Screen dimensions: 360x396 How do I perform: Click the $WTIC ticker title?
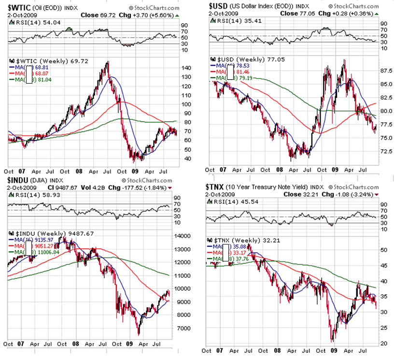(x=19, y=7)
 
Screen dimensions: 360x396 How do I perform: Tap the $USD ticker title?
(x=219, y=5)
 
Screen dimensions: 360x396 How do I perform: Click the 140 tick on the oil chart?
(x=186, y=68)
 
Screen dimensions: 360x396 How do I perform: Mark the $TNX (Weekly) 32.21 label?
(x=238, y=240)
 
